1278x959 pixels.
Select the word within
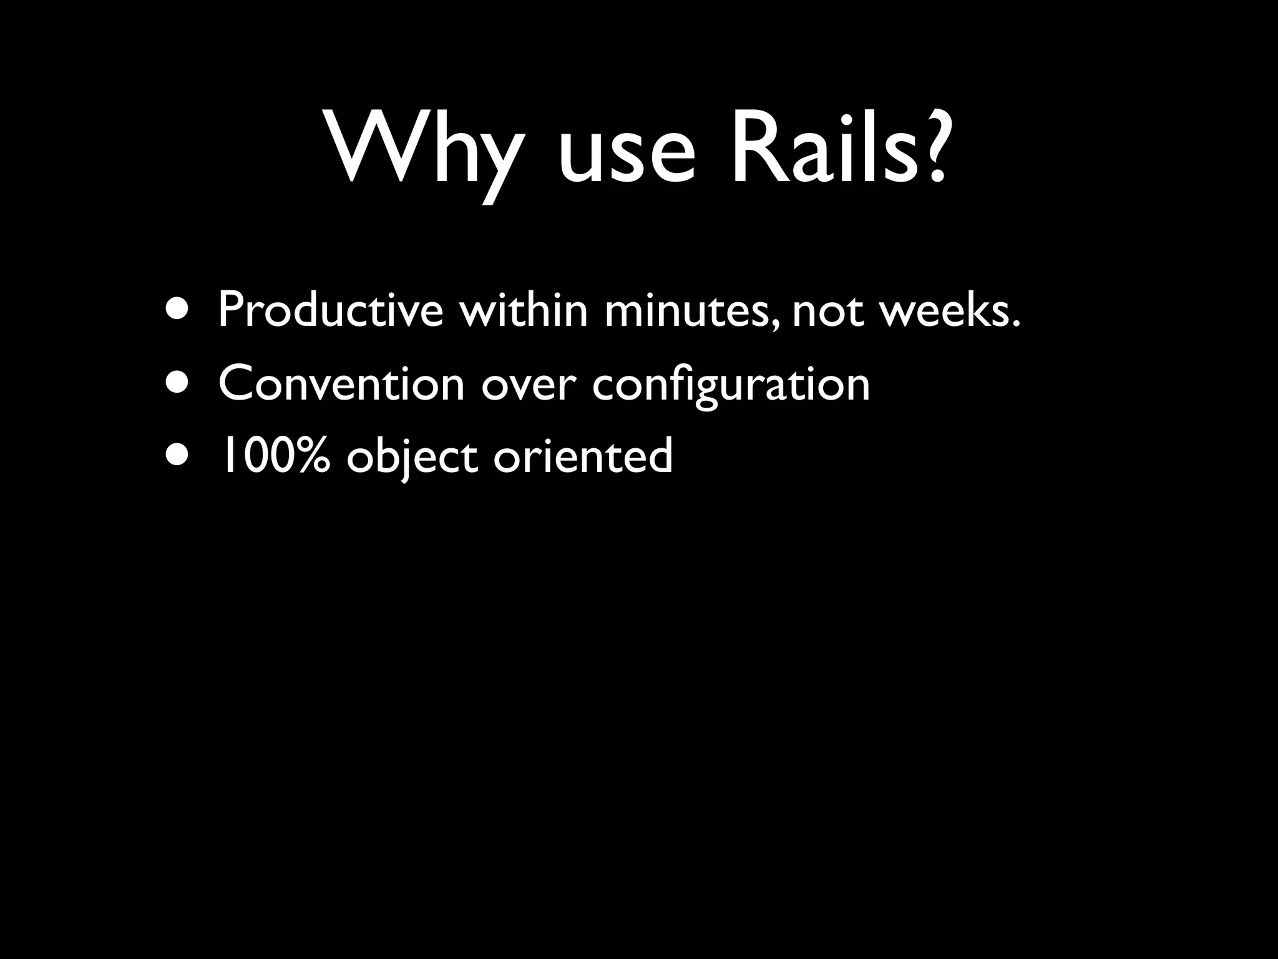(524, 310)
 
